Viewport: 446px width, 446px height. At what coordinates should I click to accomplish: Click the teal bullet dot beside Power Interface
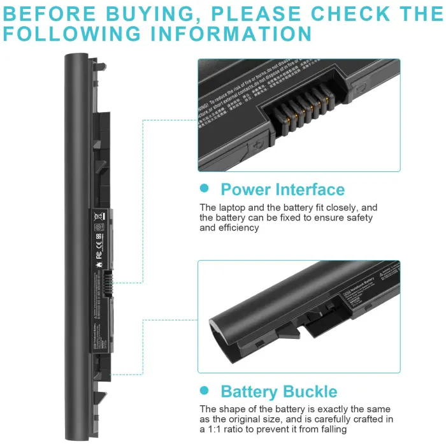click(x=204, y=188)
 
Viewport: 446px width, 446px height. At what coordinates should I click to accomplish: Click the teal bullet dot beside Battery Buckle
click(x=204, y=390)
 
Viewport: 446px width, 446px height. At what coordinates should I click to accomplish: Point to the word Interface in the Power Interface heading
click(x=310, y=189)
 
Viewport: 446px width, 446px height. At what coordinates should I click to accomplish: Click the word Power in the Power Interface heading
click(x=245, y=189)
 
